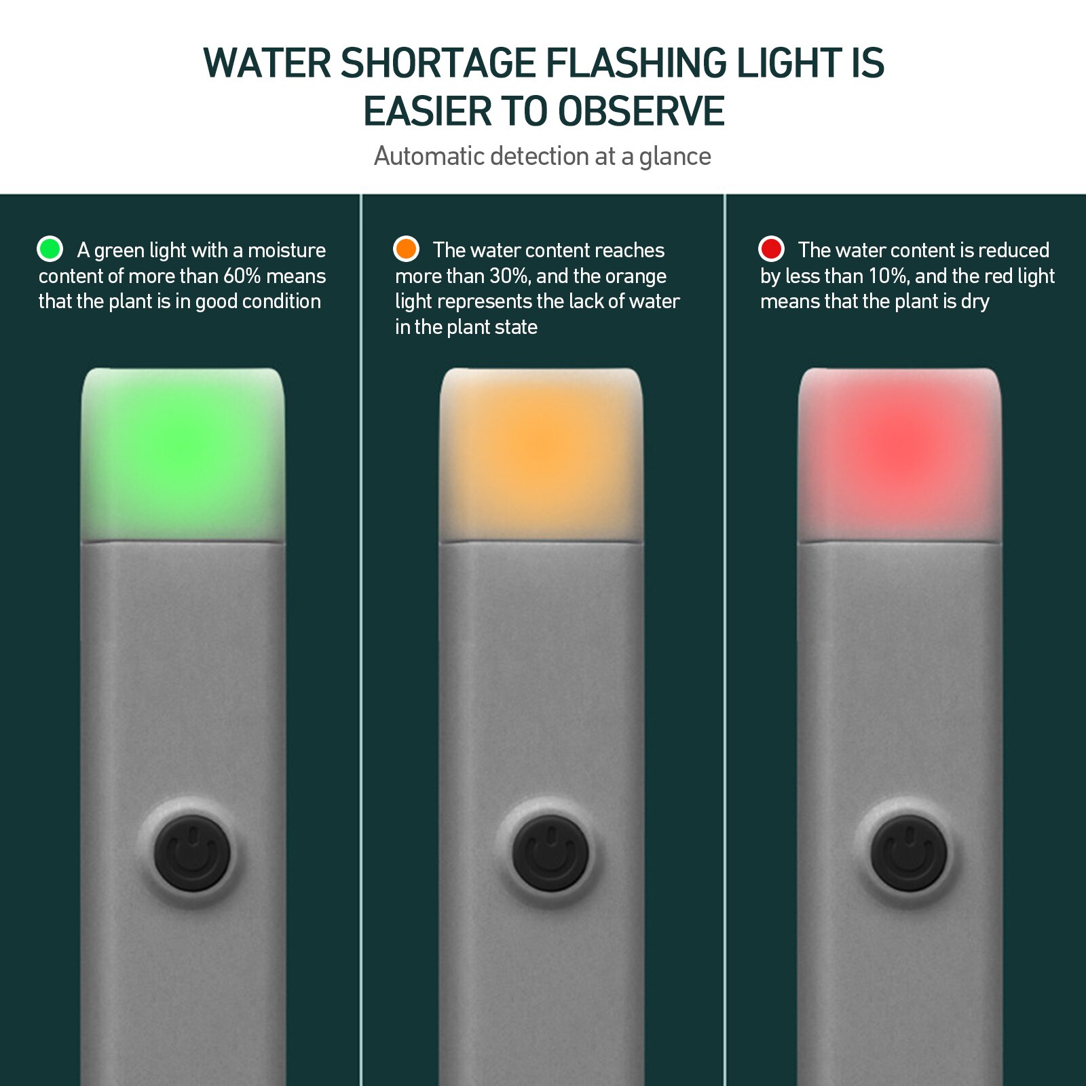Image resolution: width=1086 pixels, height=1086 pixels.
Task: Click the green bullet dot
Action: (x=50, y=249)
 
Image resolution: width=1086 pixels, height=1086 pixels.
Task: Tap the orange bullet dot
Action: (x=406, y=249)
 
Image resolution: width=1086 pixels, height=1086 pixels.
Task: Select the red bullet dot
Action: (x=771, y=249)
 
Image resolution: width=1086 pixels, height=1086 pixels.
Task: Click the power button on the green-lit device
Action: (x=193, y=853)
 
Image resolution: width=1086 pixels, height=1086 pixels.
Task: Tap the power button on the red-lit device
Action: (x=909, y=853)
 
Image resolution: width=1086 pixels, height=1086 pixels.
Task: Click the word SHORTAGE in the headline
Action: (x=438, y=63)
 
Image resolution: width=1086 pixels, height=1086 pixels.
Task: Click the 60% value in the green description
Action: (x=242, y=276)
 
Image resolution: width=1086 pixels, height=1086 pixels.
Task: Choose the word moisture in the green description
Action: (x=286, y=250)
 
